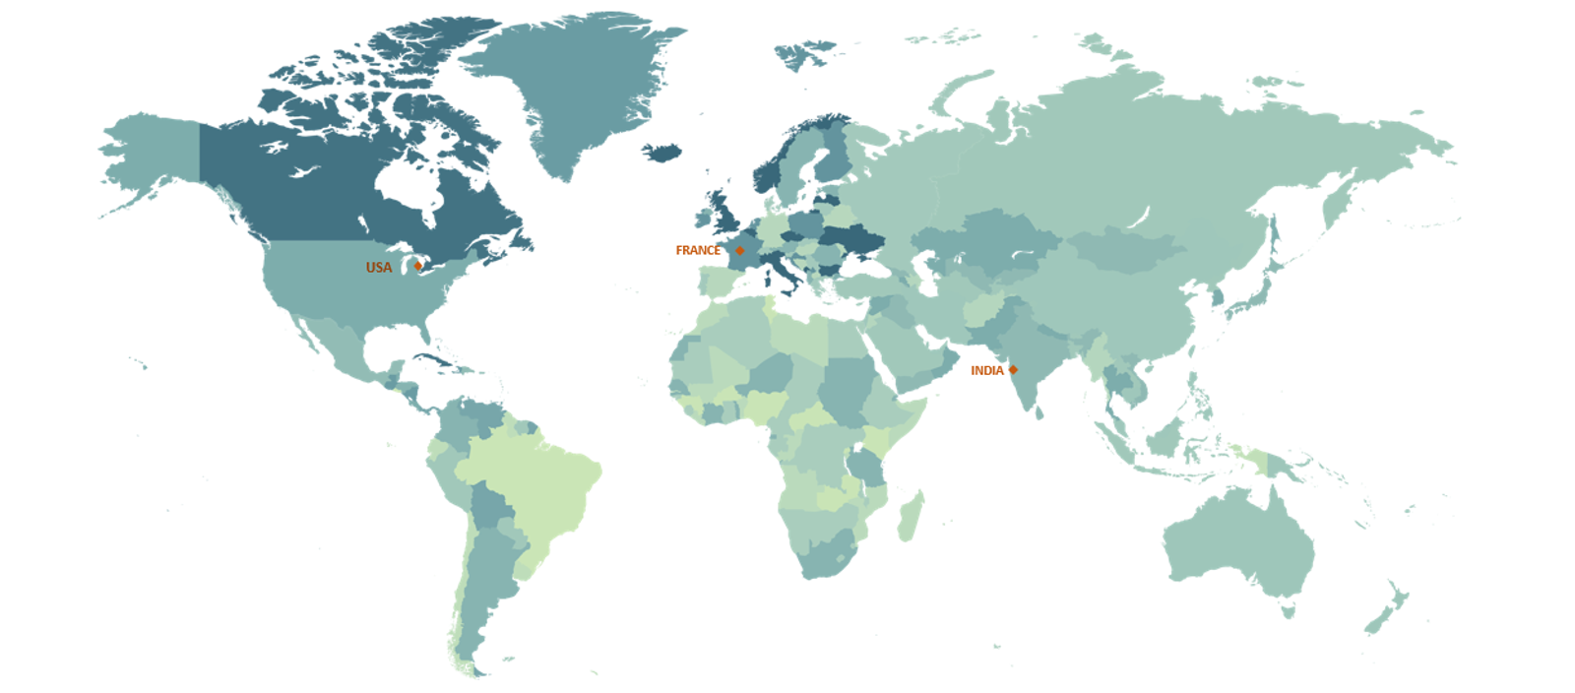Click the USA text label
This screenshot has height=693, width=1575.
pos(379,268)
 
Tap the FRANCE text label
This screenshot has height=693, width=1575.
pos(698,251)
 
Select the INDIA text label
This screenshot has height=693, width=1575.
pos(987,371)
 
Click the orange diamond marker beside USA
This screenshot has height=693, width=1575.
pos(418,266)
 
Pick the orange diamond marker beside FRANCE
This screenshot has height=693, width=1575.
pos(740,250)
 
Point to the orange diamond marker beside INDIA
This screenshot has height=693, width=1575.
pos(1013,370)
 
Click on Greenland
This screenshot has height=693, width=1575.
pos(581,89)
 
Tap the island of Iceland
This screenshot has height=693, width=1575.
pos(662,153)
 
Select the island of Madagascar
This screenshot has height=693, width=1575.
pos(911,517)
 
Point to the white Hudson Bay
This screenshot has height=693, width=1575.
pos(413,187)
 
